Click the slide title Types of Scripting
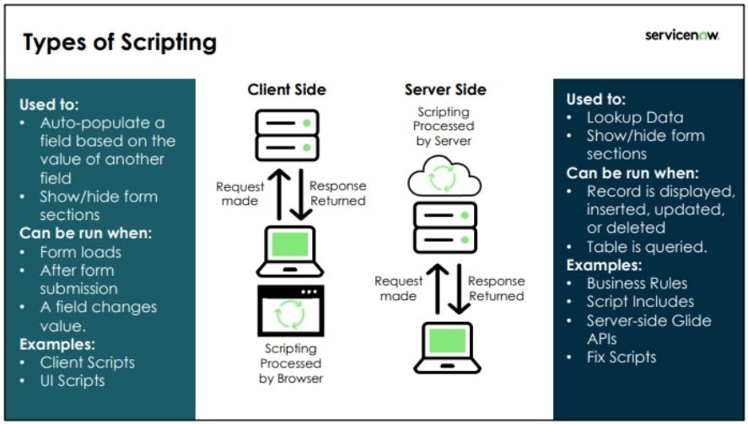point(119,42)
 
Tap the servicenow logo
point(681,35)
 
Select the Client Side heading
point(286,89)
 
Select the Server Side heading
point(445,89)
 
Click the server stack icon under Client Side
point(288,135)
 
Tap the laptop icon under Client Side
point(290,250)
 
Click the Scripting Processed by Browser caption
point(290,363)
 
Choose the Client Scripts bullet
point(87,362)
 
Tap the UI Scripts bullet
point(73,380)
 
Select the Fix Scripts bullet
point(622,357)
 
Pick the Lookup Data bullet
point(634,117)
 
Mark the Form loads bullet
point(80,252)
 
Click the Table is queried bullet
point(647,247)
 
